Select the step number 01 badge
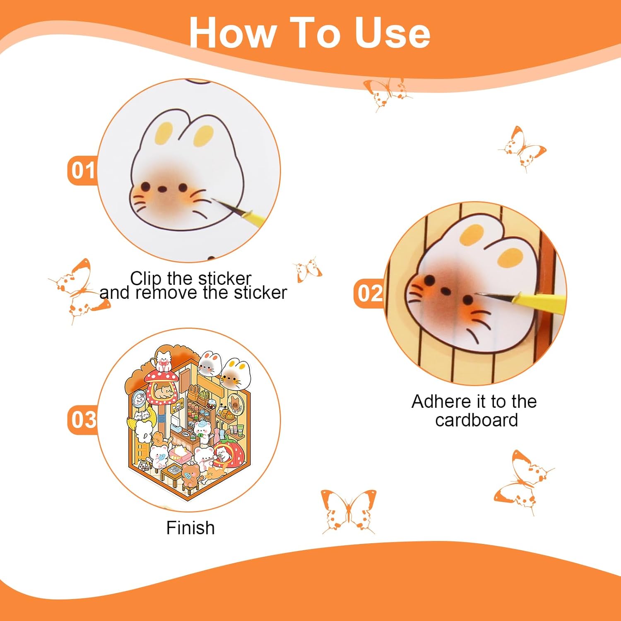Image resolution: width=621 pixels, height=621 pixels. coord(83,170)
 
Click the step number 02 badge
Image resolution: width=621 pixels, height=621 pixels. coord(370,293)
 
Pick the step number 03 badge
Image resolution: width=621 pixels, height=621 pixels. coord(83,419)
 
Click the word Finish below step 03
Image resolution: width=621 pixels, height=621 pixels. coord(190,528)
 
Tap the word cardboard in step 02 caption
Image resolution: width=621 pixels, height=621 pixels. coord(477,420)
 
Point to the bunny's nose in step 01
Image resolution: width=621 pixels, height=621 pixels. coord(163,189)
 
